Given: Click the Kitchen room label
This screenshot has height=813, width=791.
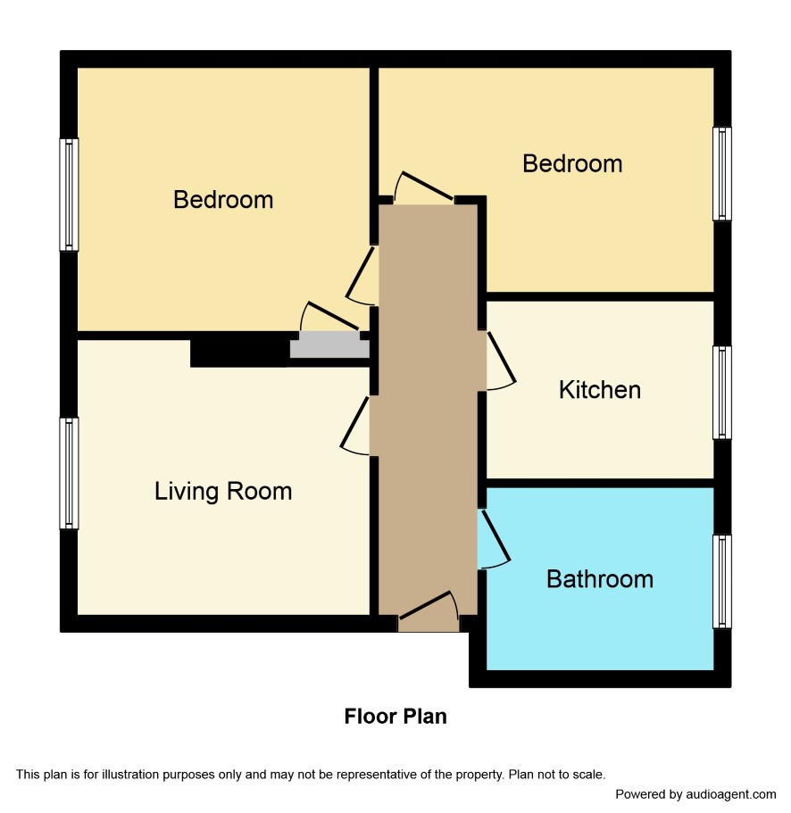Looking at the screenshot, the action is (600, 390).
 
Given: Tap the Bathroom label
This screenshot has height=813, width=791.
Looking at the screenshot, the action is (600, 579).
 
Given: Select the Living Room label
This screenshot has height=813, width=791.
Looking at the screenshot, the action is (223, 492).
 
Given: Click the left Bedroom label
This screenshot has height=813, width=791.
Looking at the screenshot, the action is (223, 200).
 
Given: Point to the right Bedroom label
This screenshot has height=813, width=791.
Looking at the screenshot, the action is (572, 164).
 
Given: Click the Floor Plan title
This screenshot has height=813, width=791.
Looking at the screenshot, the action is (395, 717).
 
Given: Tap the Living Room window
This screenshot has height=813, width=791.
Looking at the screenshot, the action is (69, 473).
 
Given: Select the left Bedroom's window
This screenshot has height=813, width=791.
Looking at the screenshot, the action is (69, 195).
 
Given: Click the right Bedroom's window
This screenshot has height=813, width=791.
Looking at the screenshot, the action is (722, 174).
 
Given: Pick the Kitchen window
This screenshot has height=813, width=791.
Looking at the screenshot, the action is (722, 393).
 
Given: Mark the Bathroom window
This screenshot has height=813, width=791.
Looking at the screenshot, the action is (722, 581).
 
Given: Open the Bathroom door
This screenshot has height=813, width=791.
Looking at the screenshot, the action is (495, 538).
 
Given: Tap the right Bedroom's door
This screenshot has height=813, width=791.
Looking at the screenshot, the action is (423, 187).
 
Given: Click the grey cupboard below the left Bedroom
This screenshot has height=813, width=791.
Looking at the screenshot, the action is (329, 344).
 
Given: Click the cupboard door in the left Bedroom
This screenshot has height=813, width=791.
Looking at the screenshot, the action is (330, 316).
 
